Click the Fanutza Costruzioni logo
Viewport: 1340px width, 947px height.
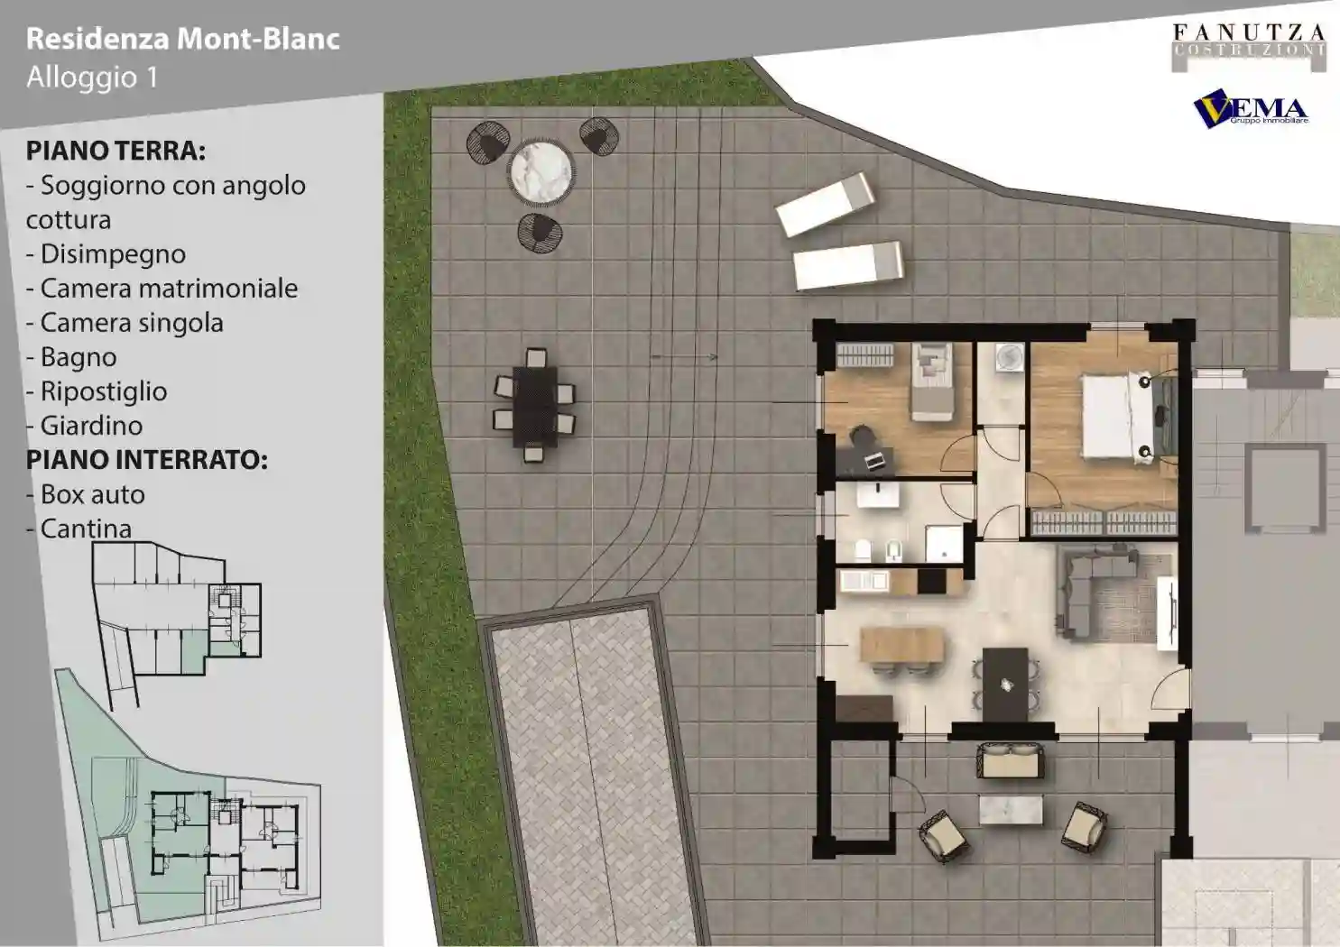pyautogui.click(x=1248, y=46)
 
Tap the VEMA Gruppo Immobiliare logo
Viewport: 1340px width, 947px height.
pyautogui.click(x=1251, y=109)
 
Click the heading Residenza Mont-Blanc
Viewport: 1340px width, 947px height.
pyautogui.click(x=183, y=40)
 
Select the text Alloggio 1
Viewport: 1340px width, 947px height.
pyautogui.click(x=92, y=78)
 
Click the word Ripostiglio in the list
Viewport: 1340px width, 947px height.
pyautogui.click(x=97, y=392)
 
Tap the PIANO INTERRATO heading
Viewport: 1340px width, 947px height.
pyautogui.click(x=146, y=460)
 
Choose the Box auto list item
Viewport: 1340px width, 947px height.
pyautogui.click(x=86, y=494)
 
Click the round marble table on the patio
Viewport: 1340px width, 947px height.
pyautogui.click(x=541, y=171)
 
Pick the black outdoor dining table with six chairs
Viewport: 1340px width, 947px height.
pyautogui.click(x=535, y=406)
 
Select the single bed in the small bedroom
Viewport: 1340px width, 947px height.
pyautogui.click(x=931, y=382)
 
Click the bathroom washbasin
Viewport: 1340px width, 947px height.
pyautogui.click(x=878, y=495)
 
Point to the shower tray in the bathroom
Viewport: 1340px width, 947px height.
pyautogui.click(x=943, y=544)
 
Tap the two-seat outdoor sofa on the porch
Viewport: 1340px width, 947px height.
pyautogui.click(x=1011, y=760)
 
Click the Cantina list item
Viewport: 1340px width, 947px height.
pyautogui.click(x=79, y=529)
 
